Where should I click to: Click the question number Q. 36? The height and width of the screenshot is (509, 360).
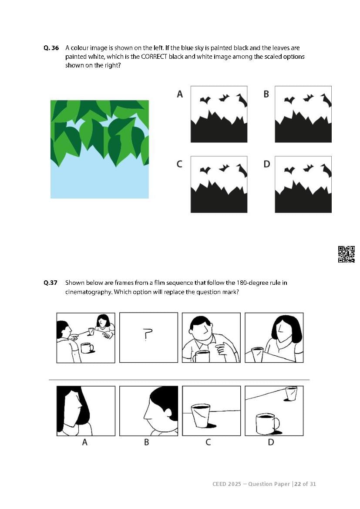51,48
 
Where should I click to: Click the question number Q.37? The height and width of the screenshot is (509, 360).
50,283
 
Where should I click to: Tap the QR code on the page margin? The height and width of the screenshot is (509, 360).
347,254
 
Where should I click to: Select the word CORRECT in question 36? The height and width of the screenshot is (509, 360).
154,57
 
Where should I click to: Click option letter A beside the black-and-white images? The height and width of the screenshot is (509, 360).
180,94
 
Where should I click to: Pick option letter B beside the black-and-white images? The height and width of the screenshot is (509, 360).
266,94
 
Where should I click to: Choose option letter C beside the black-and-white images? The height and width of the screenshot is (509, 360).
179,164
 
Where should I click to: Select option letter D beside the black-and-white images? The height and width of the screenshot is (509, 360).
266,164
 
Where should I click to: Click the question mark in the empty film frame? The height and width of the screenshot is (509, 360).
148,334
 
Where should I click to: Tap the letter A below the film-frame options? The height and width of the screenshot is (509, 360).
85,442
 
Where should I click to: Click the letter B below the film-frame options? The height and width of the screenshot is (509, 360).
146,442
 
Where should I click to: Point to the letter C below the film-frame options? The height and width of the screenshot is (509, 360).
208,442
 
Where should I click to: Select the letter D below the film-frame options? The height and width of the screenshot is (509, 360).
271,442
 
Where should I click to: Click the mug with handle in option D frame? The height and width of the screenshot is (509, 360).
267,424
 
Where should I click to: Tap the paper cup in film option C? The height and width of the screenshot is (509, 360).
201,415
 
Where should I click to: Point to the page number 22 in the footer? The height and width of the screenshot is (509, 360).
297,484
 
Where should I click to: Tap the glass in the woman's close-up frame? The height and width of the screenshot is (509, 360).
257,354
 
